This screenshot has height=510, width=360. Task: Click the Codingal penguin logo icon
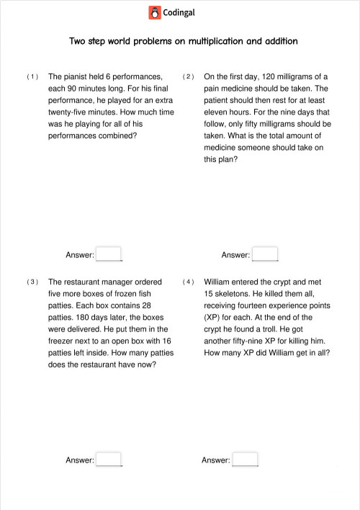click(155, 12)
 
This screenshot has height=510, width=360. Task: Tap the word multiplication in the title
click(215, 41)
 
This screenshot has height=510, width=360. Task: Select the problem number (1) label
click(32, 76)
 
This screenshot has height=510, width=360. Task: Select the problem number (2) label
click(188, 76)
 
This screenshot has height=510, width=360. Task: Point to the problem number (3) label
click(32, 282)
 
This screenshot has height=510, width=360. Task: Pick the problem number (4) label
click(188, 282)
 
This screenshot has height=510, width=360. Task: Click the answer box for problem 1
click(109, 254)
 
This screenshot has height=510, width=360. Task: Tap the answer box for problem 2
click(265, 254)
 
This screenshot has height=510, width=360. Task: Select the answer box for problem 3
click(109, 460)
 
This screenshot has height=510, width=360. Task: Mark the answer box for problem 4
click(245, 460)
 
